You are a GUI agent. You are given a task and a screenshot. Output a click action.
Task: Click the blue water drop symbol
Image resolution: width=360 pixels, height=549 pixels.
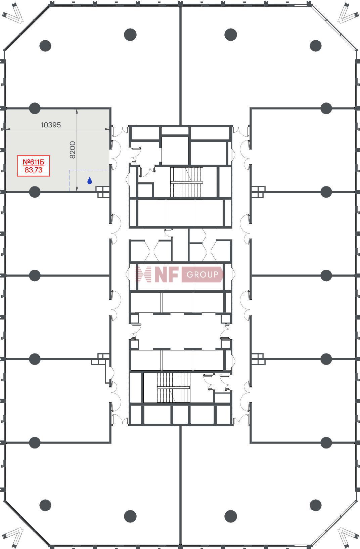pyautogui.click(x=90, y=181)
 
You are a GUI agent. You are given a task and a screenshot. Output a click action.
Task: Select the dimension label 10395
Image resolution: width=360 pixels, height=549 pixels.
pyautogui.click(x=51, y=125)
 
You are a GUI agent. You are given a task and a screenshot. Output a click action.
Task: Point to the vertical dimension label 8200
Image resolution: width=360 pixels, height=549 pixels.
pyautogui.click(x=73, y=150)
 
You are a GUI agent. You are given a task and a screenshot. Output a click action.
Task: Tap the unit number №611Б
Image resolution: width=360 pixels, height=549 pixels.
pyautogui.click(x=34, y=162)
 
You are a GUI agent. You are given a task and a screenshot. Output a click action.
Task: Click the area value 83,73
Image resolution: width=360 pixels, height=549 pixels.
pyautogui.click(x=34, y=170)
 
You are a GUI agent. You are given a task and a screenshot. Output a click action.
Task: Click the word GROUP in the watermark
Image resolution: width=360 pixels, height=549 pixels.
pyautogui.click(x=202, y=274)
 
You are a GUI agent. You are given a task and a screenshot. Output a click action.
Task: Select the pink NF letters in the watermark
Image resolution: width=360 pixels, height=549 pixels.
pyautogui.click(x=167, y=274)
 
